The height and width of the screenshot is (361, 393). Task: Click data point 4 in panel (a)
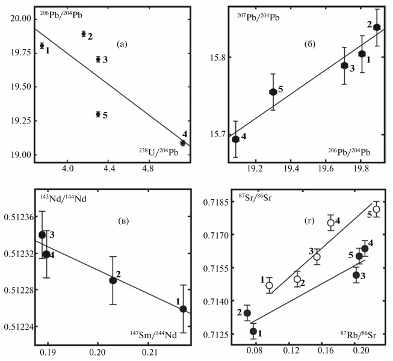183,143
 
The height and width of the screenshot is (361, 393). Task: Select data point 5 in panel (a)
98,114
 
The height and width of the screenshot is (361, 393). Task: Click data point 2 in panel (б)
377,27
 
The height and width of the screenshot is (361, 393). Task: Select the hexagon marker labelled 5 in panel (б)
273,92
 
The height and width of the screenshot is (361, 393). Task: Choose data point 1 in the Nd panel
183,309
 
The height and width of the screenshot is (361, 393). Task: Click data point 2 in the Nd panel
113,280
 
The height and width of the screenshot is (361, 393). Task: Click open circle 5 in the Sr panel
376,209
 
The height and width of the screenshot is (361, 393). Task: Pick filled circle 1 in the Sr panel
253,332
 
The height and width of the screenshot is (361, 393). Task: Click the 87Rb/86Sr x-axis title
359,333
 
